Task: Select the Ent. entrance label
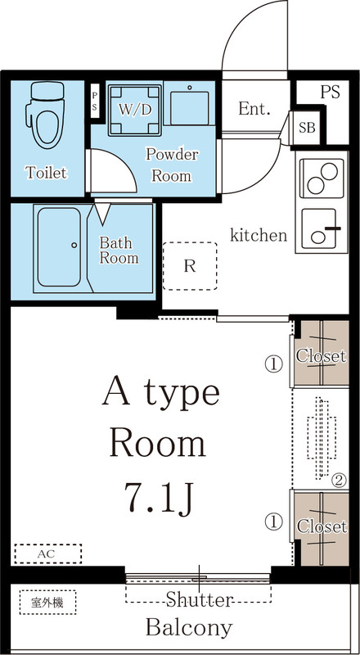[x=255, y=108]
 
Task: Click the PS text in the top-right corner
[x=330, y=91]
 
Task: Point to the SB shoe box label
[x=307, y=127]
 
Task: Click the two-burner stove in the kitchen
[x=319, y=177]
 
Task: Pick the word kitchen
[x=259, y=236]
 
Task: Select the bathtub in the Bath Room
[x=57, y=246]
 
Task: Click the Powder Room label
[x=171, y=164]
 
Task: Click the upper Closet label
[x=321, y=356]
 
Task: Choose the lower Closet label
[x=321, y=526]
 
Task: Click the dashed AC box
[x=47, y=554]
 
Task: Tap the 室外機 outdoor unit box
[x=48, y=603]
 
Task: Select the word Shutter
[x=200, y=600]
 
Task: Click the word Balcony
[x=188, y=628]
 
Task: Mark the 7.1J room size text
[x=160, y=496]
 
